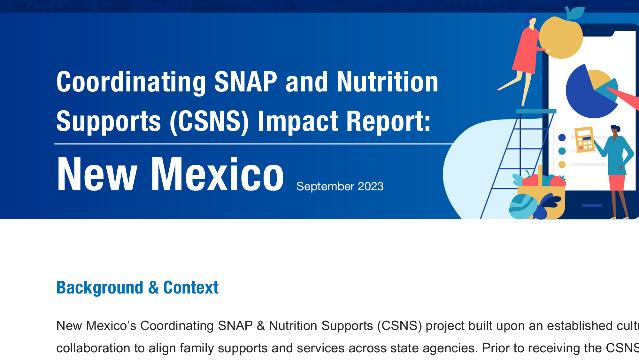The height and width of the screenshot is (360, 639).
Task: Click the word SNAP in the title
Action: (245, 82)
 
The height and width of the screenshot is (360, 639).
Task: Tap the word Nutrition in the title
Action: (387, 82)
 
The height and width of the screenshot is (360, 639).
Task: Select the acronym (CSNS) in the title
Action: (209, 121)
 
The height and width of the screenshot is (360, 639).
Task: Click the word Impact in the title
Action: (298, 121)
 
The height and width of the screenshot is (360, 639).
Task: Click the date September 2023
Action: (340, 186)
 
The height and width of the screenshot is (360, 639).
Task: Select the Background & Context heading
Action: (137, 287)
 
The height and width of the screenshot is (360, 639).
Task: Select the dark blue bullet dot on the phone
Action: (562, 137)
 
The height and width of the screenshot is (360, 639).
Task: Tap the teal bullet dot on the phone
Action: (562, 151)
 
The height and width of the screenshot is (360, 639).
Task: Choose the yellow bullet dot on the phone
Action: (562, 164)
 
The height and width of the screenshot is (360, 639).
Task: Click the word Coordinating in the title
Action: (131, 82)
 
